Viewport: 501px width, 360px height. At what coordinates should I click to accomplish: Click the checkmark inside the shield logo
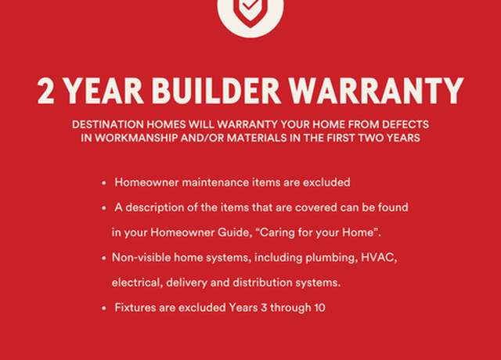coord(250,5)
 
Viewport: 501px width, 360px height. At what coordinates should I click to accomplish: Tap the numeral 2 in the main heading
coord(45,91)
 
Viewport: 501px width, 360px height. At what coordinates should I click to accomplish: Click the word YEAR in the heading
coord(104,91)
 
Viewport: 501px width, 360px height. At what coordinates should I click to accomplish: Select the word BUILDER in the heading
coord(216,91)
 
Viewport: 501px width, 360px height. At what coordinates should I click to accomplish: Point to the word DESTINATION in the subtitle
coord(108,124)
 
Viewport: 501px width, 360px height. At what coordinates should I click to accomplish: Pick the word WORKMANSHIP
coord(136,138)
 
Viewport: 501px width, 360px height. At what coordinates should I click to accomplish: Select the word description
coord(155,207)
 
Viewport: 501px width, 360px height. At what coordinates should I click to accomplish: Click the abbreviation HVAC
coord(379,257)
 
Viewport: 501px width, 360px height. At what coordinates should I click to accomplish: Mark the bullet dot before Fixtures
coord(103,308)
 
